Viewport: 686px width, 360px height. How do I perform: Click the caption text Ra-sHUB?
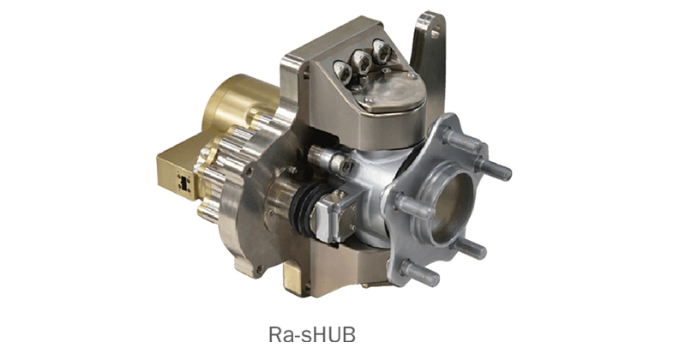tap(312, 335)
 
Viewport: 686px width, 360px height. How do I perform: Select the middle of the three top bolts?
tap(362, 62)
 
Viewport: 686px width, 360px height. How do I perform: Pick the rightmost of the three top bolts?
tap(382, 51)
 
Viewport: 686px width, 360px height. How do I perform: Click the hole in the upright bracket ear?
tap(436, 32)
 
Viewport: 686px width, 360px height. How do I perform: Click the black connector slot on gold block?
tap(184, 182)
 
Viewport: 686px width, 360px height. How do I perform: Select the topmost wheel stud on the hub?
tap(463, 140)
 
